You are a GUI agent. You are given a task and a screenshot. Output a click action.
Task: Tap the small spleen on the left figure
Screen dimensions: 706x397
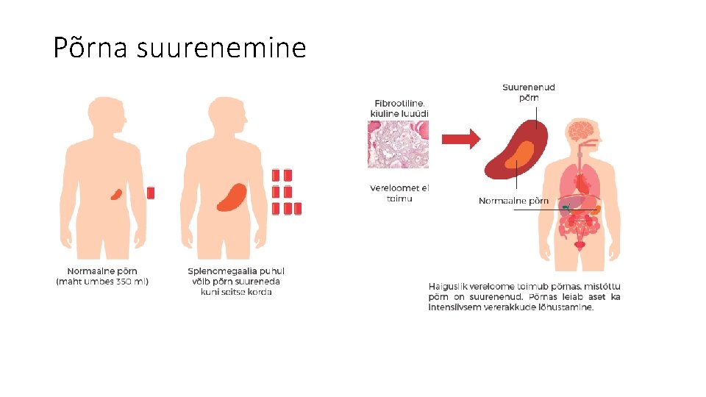click(x=116, y=194)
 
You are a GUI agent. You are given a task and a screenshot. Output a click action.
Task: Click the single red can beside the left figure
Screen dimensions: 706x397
click(x=151, y=193)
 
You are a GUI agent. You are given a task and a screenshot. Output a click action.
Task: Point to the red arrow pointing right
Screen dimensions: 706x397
click(x=460, y=137)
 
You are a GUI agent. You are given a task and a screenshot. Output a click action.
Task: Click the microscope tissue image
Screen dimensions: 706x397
click(x=398, y=144)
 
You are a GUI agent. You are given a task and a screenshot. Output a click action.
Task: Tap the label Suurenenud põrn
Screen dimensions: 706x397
click(x=528, y=92)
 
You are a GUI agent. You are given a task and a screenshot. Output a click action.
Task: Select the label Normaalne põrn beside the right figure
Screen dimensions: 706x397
click(x=513, y=201)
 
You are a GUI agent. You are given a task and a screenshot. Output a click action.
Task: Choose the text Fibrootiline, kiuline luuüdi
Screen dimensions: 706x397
click(x=399, y=108)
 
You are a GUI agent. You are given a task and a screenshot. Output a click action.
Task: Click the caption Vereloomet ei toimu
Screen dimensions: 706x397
click(x=399, y=193)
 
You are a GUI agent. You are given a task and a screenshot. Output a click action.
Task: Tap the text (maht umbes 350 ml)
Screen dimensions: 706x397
click(x=102, y=282)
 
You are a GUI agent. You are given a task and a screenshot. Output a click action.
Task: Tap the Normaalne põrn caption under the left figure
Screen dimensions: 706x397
click(x=102, y=271)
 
